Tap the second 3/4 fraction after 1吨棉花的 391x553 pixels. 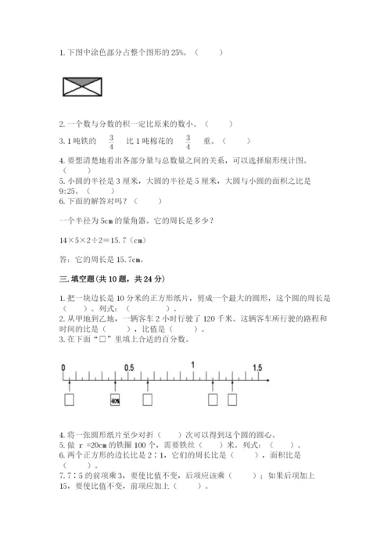click(x=188, y=142)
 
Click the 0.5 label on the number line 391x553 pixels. click(x=129, y=367)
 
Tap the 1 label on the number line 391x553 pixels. click(x=193, y=366)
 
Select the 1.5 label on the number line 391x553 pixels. click(x=257, y=367)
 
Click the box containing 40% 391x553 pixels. click(x=115, y=400)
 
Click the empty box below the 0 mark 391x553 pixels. click(x=70, y=400)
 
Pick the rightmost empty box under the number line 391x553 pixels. click(x=231, y=400)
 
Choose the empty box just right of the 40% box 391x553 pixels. click(x=147, y=400)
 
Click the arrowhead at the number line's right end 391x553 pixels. click(x=268, y=379)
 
